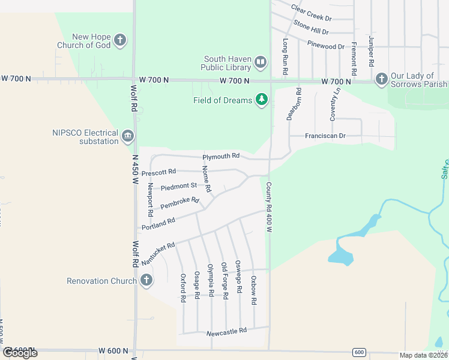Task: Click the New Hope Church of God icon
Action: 120,40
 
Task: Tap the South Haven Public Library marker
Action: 261,62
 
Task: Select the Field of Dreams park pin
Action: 261,100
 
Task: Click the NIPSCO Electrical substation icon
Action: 127,136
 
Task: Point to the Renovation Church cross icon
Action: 146,280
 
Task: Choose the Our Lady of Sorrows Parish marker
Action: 381,79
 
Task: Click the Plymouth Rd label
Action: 221,157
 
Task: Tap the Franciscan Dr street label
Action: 325,136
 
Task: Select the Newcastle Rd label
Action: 226,331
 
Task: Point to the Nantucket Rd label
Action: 158,254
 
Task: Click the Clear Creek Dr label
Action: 312,13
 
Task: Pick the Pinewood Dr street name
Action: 326,46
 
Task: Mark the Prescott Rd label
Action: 158,173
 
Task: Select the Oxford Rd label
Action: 183,287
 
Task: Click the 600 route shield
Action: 358,352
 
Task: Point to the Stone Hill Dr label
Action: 311,28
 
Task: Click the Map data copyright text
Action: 423,355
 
